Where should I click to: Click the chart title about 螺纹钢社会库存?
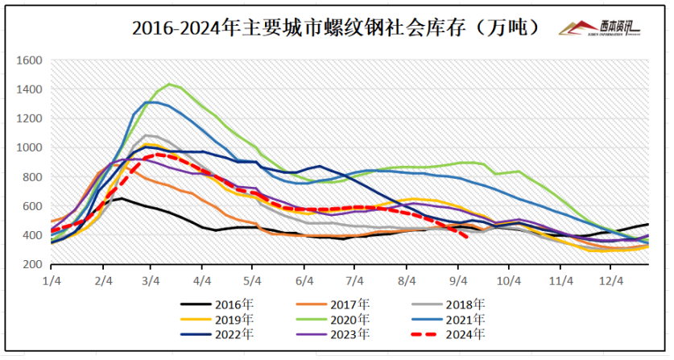pos(335,28)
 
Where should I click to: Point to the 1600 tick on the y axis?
pos(29,60)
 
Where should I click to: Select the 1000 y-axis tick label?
pos(29,148)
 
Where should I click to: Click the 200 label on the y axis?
pos(32,265)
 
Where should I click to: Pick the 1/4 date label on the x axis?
pos(52,280)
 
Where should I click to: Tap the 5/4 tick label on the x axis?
pos(254,280)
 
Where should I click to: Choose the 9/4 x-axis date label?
pos(457,280)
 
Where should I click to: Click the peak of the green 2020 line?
pos(169,84)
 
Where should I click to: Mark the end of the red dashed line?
pos(468,236)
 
